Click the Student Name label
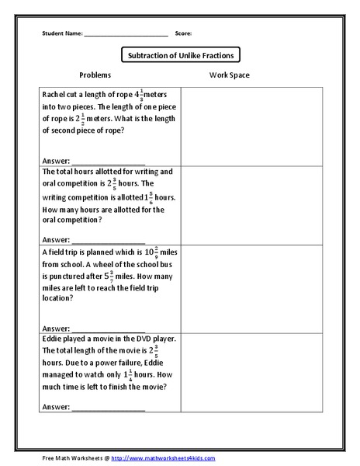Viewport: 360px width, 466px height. tap(61, 34)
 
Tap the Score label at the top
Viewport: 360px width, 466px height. tap(183, 34)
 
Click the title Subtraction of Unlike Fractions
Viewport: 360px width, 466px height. tap(179, 55)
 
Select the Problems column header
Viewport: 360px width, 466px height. tap(95, 75)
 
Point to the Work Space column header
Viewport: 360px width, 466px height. tap(229, 75)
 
